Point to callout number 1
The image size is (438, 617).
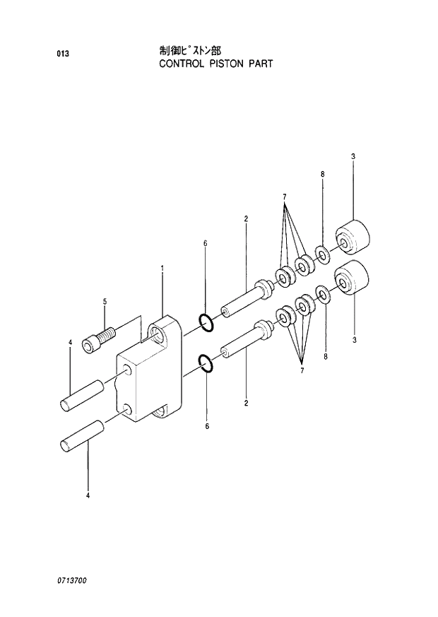(162, 268)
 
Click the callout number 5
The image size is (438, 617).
(105, 302)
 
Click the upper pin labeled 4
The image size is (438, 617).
(83, 394)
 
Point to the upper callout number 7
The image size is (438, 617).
(285, 196)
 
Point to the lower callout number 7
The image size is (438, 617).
(302, 370)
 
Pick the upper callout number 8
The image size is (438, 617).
(322, 174)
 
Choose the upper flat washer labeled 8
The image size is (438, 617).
(322, 254)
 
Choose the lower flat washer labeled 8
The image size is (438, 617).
(321, 293)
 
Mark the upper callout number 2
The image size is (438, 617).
(246, 218)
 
